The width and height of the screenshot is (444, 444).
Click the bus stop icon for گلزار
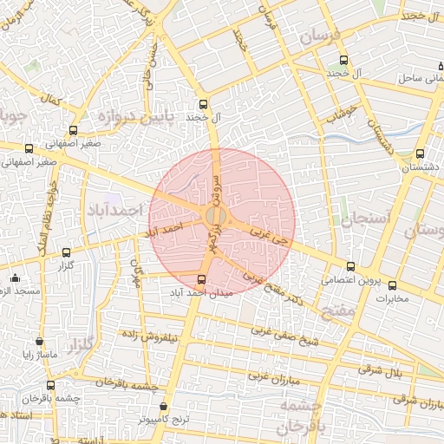67,252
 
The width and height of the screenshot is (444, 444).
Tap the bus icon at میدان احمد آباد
203,279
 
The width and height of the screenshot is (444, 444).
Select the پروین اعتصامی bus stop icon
349,267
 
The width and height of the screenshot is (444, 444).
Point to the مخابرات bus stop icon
392,285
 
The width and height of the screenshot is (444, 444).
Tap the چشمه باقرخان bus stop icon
50,384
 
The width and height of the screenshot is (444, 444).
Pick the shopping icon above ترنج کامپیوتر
165,405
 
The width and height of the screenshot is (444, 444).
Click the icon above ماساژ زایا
40,342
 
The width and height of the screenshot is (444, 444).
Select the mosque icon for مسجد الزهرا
15,278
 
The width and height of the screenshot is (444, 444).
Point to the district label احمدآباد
113,211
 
